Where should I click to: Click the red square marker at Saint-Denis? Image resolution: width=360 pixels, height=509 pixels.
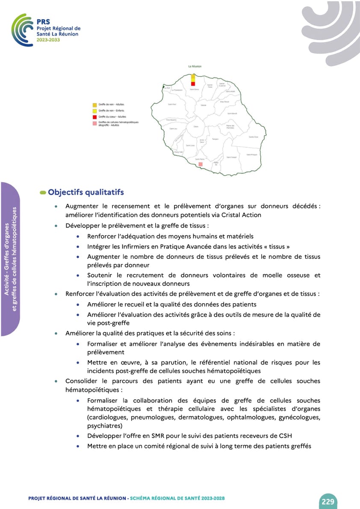click(x=193, y=84)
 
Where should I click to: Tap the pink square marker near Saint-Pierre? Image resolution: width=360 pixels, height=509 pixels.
click(x=200, y=164)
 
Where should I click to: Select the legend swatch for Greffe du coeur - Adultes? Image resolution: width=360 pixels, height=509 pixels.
click(x=95, y=117)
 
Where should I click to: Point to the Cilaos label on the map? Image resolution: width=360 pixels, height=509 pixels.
click(x=196, y=127)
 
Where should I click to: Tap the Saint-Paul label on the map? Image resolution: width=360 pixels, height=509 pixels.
click(x=172, y=104)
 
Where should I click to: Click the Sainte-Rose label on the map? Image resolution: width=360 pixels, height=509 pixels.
click(x=253, y=137)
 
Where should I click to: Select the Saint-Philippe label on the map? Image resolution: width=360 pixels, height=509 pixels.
click(x=251, y=154)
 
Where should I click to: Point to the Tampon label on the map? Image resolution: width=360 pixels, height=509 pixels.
click(x=215, y=139)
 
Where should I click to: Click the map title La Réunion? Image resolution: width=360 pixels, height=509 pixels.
click(x=195, y=67)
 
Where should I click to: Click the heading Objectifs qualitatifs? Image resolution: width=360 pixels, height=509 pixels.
click(x=86, y=192)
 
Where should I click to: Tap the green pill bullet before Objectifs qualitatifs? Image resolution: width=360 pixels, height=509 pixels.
click(x=43, y=193)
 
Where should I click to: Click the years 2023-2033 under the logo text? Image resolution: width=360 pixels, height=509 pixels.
click(x=48, y=39)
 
